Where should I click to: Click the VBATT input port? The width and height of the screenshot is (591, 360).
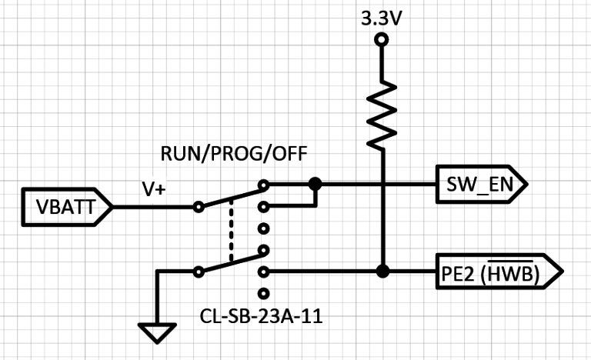click(66, 207)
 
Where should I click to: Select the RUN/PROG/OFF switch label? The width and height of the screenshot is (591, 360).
click(233, 154)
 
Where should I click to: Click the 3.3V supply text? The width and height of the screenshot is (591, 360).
click(381, 18)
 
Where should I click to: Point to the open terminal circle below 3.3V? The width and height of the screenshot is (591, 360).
click(381, 40)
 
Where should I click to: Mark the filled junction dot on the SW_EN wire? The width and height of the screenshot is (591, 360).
click(314, 185)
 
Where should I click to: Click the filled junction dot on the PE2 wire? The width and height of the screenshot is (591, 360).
click(381, 272)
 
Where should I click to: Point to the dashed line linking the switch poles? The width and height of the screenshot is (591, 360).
click(231, 231)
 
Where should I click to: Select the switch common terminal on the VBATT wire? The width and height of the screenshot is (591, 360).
click(199, 207)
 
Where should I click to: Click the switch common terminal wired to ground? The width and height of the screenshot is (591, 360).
click(199, 272)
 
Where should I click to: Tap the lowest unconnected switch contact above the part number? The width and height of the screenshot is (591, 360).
click(265, 293)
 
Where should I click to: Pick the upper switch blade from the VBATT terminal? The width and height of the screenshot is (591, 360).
click(231, 196)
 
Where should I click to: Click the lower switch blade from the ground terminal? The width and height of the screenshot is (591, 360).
click(231, 262)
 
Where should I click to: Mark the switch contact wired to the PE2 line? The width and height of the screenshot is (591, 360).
click(265, 272)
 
